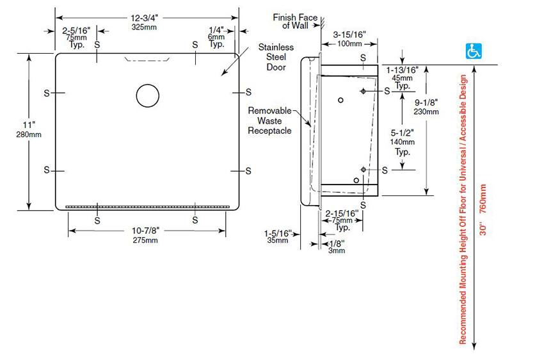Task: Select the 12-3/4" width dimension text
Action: pyautogui.click(x=147, y=19)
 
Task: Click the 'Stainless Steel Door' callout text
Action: pyautogui.click(x=276, y=57)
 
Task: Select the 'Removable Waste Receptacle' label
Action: pyautogui.click(x=269, y=120)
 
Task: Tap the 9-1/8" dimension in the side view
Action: pyautogui.click(x=426, y=102)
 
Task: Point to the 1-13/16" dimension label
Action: pyautogui.click(x=402, y=69)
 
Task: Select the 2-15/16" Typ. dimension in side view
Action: pyautogui.click(x=342, y=213)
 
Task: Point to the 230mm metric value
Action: pyautogui.click(x=426, y=111)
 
